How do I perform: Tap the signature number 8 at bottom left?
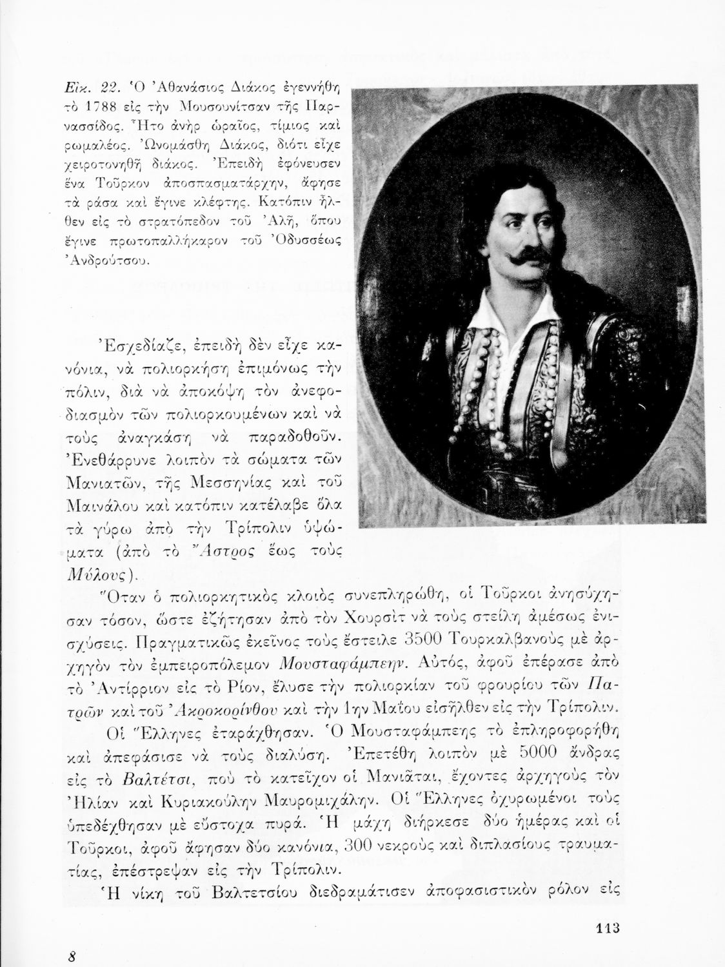pyautogui.click(x=74, y=956)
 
